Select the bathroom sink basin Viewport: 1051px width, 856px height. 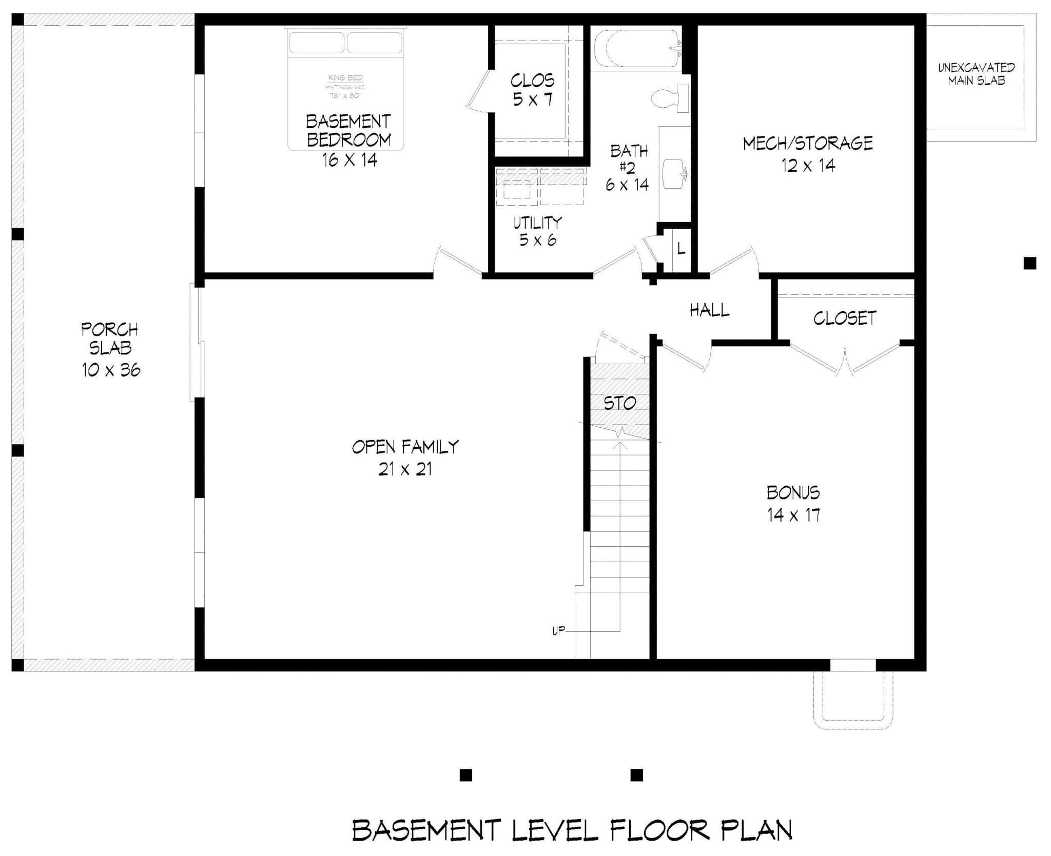pyautogui.click(x=674, y=173)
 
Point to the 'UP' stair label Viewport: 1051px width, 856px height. pyautogui.click(x=558, y=631)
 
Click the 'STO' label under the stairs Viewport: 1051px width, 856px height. pyautogui.click(x=619, y=403)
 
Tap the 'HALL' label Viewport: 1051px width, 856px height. pyautogui.click(x=709, y=310)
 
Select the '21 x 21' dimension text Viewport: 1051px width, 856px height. pyautogui.click(x=405, y=469)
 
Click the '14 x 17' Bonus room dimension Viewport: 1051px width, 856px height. pyautogui.click(x=793, y=515)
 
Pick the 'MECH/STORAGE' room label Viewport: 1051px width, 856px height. pyautogui.click(x=808, y=143)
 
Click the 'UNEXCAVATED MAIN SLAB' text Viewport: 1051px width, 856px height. pyautogui.click(x=976, y=74)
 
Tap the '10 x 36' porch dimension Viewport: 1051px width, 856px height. pyautogui.click(x=111, y=370)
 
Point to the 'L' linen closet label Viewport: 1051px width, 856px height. pyautogui.click(x=680, y=249)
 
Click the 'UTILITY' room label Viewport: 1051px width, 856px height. pyautogui.click(x=538, y=223)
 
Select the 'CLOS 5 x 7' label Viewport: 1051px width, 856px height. pyautogui.click(x=533, y=89)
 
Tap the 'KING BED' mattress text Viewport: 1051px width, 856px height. pyautogui.click(x=345, y=78)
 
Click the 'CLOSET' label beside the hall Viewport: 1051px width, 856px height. pyautogui.click(x=845, y=318)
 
